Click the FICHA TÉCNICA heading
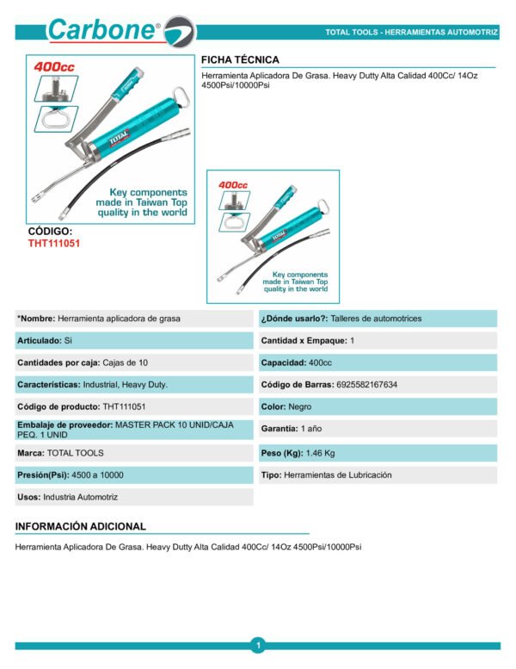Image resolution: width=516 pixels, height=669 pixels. pos(240,59)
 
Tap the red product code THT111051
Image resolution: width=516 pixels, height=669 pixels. pos(54,243)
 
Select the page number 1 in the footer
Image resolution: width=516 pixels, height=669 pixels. pos(258,645)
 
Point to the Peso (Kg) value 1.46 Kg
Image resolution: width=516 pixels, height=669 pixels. pos(318,452)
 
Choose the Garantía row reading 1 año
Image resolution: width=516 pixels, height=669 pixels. pos(292,429)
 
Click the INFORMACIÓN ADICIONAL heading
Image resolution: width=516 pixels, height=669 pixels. pos(81,526)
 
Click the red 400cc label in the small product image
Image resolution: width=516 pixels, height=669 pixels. pos(233,184)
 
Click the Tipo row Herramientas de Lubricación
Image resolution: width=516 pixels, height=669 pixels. pos(327,474)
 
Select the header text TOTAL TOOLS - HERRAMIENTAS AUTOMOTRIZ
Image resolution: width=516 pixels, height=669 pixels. pos(411,32)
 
